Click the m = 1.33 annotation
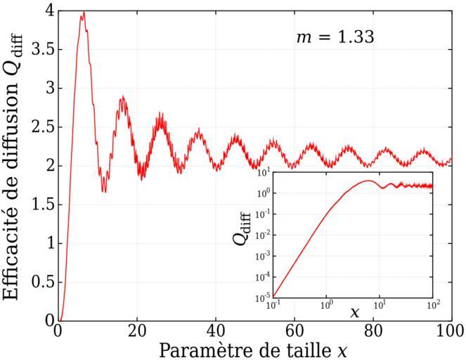click(x=334, y=37)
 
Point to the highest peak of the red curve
click(x=83, y=13)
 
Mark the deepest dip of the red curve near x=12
click(x=104, y=191)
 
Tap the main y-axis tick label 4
click(x=48, y=11)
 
